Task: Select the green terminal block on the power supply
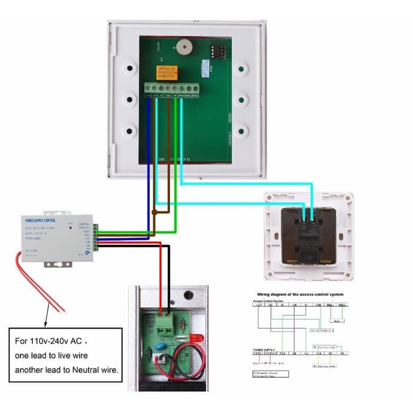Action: (x=95, y=237)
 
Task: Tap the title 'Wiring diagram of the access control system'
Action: (x=300, y=294)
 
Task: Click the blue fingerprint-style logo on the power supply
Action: (x=87, y=250)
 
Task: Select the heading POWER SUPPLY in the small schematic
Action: (x=264, y=349)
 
